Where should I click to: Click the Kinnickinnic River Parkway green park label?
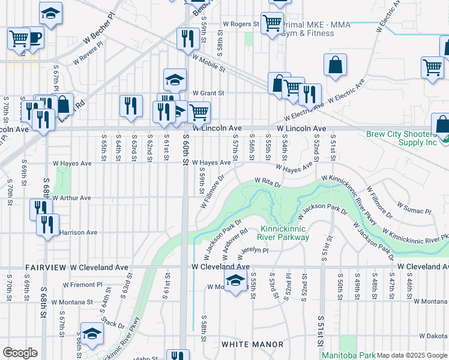(285, 233)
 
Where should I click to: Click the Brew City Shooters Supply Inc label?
(401, 138)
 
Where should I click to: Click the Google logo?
(20, 353)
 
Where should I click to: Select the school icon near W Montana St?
(236, 280)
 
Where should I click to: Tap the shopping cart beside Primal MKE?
(272, 23)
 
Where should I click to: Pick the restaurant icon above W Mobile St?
(188, 38)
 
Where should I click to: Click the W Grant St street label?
(208, 93)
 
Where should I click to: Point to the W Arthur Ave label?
(71, 197)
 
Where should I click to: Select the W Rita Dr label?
(268, 181)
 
